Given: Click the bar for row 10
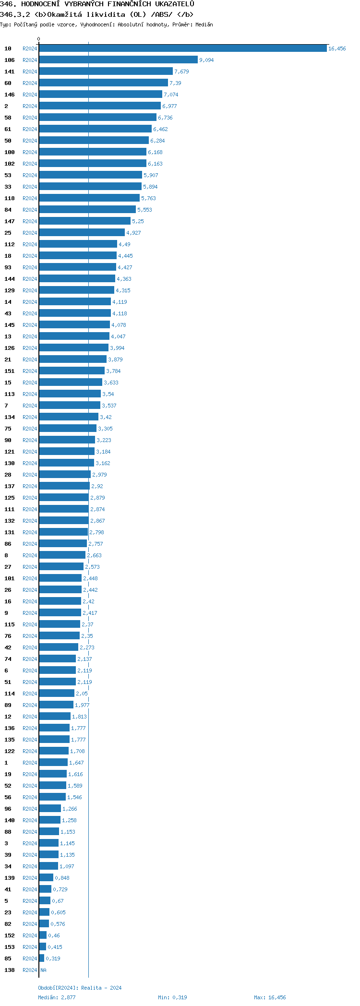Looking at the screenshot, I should click(182, 48).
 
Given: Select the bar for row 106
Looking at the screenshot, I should click(118, 60).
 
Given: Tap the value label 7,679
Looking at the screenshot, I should click(181, 72).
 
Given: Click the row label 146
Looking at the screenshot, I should click(10, 95).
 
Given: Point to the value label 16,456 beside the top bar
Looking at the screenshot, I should click(336, 48).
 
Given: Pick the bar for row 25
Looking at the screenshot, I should click(82, 233).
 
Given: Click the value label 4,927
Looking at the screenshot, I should click(133, 233).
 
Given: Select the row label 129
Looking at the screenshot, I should click(10, 290).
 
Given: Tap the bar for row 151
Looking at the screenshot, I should click(72, 371).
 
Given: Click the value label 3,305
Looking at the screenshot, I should click(105, 429).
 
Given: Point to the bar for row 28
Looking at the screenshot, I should click(65, 475).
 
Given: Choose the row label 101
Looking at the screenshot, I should click(10, 578).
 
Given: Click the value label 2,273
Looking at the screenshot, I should click(87, 647).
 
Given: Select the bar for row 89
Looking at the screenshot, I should click(56, 705).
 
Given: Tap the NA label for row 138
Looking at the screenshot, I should click(43, 970).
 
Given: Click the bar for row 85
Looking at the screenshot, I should click(42, 958).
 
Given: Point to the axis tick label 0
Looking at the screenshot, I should click(39, 39).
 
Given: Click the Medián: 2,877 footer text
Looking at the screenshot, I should click(57, 997).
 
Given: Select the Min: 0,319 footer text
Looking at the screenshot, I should click(172, 997).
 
